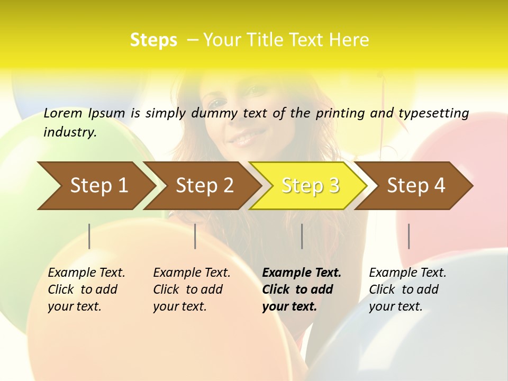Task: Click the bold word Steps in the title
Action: coord(153,40)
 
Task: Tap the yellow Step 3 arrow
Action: coord(310,186)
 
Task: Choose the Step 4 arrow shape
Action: coord(416,186)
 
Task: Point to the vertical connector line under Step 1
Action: coord(89,236)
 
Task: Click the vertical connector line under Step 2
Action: coord(195,236)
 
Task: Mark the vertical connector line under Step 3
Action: coord(302,236)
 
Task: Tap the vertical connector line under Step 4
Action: coord(409,236)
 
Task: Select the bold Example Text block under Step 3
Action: coord(302,289)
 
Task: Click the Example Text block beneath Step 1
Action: coord(86,289)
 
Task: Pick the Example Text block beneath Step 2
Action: coord(192,289)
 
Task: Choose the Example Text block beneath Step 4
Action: coord(407,289)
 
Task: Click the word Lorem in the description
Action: coord(63,113)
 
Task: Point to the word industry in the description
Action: coord(70,132)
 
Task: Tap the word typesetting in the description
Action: coord(433,113)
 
